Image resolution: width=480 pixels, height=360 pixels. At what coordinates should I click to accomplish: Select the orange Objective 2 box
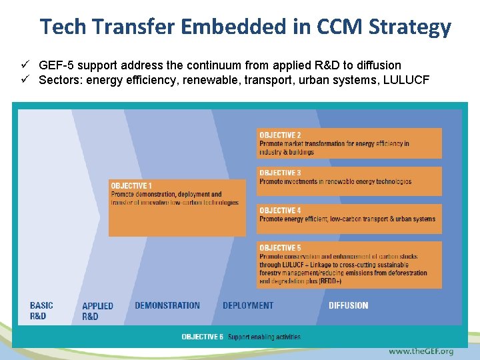click(x=349, y=143)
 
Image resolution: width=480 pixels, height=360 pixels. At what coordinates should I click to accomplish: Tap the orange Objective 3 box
click(x=349, y=181)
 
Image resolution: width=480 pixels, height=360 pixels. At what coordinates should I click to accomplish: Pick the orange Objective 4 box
click(x=349, y=218)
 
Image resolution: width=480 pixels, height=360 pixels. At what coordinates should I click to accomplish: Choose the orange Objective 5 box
click(x=349, y=265)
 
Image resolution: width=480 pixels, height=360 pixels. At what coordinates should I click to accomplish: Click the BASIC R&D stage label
click(x=41, y=311)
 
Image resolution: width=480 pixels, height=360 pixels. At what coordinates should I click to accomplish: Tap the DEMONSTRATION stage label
click(x=167, y=305)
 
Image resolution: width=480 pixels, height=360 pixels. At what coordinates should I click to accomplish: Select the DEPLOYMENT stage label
click(x=248, y=305)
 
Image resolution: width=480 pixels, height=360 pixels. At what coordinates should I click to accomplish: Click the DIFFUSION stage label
click(x=348, y=305)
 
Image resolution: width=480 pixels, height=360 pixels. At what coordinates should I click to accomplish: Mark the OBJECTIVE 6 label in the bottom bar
click(x=203, y=337)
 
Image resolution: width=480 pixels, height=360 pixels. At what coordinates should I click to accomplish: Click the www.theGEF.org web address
click(x=421, y=351)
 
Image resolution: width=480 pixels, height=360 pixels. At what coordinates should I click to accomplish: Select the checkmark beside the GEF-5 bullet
click(x=24, y=65)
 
